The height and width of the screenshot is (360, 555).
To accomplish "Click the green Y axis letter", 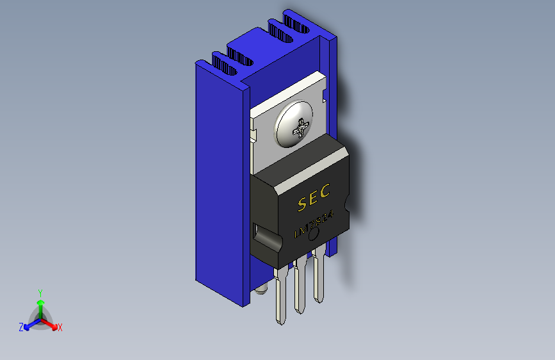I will pyautogui.click(x=40, y=291).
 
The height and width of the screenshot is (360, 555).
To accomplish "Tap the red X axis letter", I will pyautogui.click(x=60, y=328).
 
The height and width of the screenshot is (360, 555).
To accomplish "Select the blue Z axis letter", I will pyautogui.click(x=21, y=327).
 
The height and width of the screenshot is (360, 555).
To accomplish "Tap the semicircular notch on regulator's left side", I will pyautogui.click(x=267, y=240).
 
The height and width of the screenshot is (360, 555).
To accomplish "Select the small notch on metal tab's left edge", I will pyautogui.click(x=253, y=135).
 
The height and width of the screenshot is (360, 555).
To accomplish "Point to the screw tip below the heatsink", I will pyautogui.click(x=261, y=291).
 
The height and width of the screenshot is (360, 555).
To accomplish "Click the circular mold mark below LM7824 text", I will pyautogui.click(x=314, y=236).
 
